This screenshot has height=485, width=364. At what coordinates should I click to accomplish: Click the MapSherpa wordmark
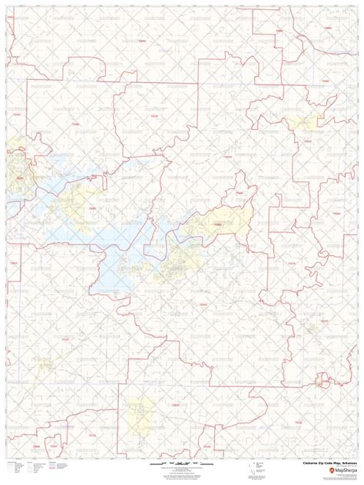(338, 471)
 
